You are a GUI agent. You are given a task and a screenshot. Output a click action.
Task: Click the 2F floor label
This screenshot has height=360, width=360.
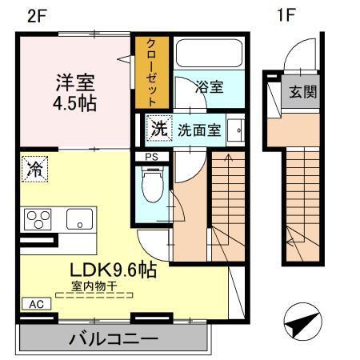tap(37, 14)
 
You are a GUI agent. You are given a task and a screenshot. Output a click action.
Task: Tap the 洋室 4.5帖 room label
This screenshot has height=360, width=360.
tap(76, 93)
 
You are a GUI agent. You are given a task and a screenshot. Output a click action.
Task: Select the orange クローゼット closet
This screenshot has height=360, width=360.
tap(151, 72)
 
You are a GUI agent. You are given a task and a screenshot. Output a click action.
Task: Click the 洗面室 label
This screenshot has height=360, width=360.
tap(198, 130)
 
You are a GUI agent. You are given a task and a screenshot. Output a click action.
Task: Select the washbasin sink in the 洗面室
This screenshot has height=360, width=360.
tap(236, 130)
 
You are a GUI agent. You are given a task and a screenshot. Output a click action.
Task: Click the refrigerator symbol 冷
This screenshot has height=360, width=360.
tap(35, 168)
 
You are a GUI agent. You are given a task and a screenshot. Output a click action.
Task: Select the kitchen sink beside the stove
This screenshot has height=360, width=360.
tap(78, 218)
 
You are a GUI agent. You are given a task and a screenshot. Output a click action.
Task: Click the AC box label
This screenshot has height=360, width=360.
tap(35, 304)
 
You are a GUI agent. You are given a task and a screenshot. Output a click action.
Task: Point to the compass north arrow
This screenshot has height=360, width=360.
tap(302, 325)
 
